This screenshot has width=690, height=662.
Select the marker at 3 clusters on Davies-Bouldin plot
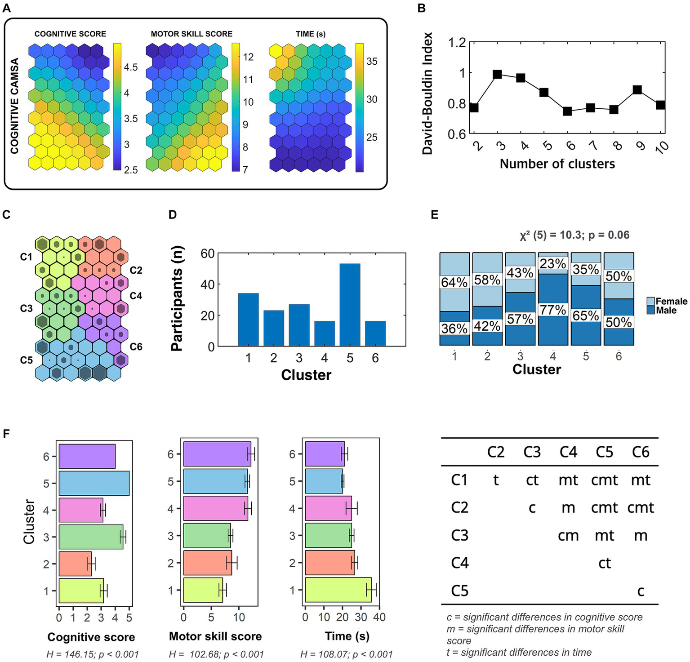[x=497, y=74]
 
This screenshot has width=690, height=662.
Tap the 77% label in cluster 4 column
[x=552, y=310]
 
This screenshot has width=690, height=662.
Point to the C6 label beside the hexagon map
[x=136, y=347]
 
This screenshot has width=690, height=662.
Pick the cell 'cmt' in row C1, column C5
[x=604, y=480]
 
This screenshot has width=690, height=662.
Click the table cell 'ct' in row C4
[x=604, y=563]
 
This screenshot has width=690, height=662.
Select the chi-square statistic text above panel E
[x=574, y=235]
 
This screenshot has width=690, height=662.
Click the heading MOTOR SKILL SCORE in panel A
[x=191, y=34]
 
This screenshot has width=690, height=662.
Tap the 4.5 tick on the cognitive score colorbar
[x=131, y=67]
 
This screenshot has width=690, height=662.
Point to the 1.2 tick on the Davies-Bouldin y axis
[x=457, y=43]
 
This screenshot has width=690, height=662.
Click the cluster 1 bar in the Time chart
[x=338, y=590]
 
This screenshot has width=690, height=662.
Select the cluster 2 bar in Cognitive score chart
[x=75, y=564]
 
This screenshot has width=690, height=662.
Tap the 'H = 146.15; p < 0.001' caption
[x=93, y=654]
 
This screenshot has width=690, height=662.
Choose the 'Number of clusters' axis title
[x=557, y=164]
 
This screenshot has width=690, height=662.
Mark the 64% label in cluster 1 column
[x=454, y=282]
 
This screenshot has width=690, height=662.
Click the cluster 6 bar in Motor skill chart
[x=217, y=454]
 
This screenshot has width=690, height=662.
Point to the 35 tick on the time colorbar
[x=372, y=62]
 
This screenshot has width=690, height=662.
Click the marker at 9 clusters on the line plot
[x=637, y=90]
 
